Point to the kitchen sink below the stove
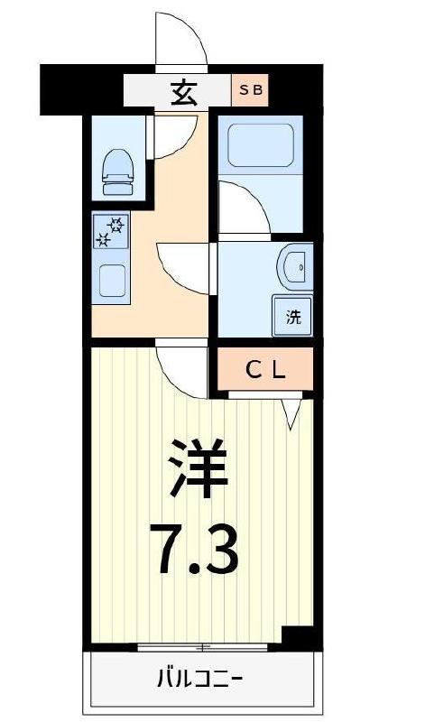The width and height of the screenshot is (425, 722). (113, 281)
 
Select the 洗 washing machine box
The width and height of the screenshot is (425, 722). (293, 316)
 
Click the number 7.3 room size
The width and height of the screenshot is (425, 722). (198, 550)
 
